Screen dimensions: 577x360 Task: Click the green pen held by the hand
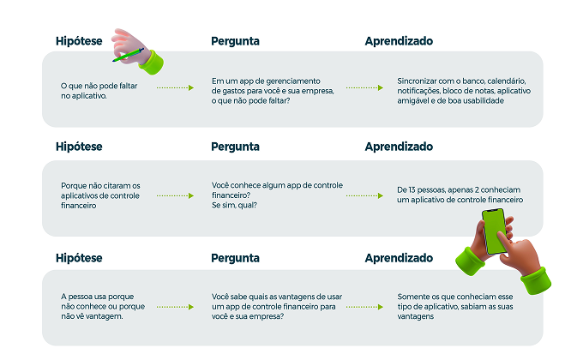[x=128, y=55]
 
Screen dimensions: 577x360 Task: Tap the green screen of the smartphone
[x=495, y=231]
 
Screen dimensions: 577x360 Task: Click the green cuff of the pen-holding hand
[x=153, y=63]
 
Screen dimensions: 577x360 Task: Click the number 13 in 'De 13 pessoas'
[x=412, y=189]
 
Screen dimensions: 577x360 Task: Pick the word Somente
[x=412, y=297]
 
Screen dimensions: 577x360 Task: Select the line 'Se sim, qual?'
[x=234, y=205]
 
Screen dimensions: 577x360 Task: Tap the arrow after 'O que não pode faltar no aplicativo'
[x=175, y=87]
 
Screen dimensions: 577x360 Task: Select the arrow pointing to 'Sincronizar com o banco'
[x=364, y=87]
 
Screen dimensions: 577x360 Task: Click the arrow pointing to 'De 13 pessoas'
[x=364, y=195]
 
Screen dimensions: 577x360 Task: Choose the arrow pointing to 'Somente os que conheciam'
[x=364, y=307]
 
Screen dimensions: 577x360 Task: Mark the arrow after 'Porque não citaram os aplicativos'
[x=175, y=195]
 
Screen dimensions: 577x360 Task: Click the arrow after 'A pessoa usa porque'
[x=175, y=307]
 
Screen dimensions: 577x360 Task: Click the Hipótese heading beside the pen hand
[x=79, y=41]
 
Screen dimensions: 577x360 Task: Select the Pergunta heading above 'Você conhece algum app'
[x=235, y=147]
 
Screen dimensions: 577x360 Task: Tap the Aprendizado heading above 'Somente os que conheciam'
[x=399, y=258]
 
